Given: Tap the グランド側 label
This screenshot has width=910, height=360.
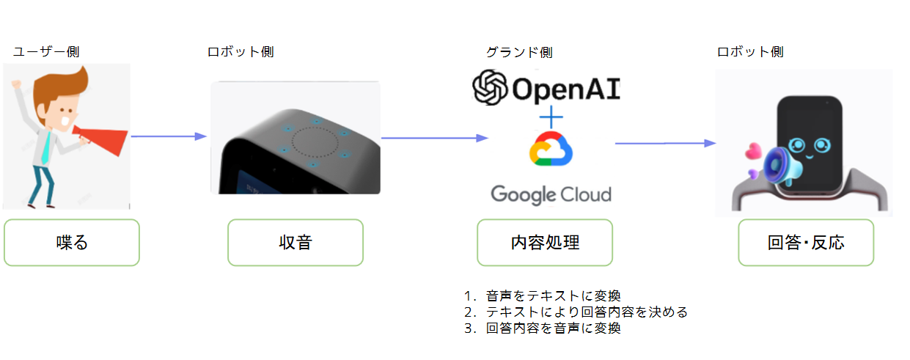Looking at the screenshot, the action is [519, 52].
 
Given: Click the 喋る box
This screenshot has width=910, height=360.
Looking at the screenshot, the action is [71, 242].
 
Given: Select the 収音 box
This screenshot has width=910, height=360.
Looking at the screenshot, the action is [295, 242].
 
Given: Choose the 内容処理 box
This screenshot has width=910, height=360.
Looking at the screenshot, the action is [544, 242].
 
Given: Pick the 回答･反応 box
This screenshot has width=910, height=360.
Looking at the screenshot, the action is [805, 242].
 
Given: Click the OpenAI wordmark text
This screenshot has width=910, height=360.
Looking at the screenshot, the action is [565, 89].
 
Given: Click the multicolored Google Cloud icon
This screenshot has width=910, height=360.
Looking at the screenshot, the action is [551, 151].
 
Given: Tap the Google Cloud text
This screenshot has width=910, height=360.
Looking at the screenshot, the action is [551, 194].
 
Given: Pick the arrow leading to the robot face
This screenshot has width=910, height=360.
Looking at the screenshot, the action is [664, 144].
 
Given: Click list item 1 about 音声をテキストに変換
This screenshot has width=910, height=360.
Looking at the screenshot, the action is [543, 295].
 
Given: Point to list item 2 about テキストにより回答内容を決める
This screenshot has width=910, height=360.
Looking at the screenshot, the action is [576, 312].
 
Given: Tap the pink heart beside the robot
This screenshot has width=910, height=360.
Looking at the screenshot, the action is [752, 152].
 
